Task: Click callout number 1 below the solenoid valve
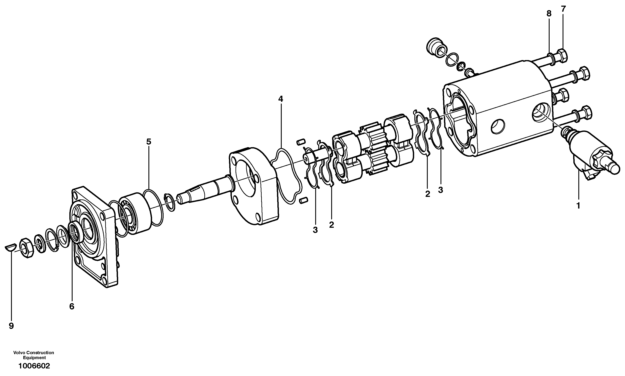578,206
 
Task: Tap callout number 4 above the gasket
280,99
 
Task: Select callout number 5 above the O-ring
149,142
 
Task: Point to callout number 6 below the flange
72,307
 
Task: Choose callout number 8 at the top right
549,14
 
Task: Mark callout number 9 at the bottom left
11,326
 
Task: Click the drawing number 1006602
34,366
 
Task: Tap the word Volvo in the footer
18,353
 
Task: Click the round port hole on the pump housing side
498,126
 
